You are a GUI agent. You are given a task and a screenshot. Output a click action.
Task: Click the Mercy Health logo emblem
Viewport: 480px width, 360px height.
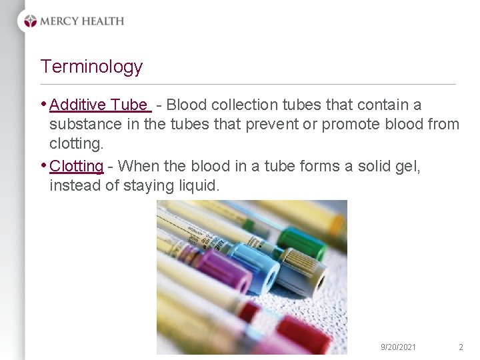coord(31,21)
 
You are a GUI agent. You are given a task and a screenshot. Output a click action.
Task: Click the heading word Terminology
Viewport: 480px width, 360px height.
coord(91,67)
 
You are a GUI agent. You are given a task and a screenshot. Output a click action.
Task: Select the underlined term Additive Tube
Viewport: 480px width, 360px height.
coord(99,105)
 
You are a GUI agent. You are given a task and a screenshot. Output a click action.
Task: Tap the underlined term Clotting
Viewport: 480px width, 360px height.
coord(77,165)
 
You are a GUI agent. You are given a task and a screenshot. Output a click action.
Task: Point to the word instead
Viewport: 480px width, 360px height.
coord(75,185)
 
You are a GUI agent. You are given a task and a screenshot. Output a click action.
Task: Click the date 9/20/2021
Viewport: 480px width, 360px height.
coord(398,347)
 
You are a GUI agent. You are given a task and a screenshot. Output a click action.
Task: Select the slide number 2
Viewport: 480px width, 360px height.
coord(461,347)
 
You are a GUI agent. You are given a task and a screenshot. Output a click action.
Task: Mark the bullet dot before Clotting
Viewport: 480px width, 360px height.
coord(44,165)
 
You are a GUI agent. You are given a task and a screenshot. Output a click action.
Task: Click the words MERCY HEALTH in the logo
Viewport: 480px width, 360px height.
coord(82,21)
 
